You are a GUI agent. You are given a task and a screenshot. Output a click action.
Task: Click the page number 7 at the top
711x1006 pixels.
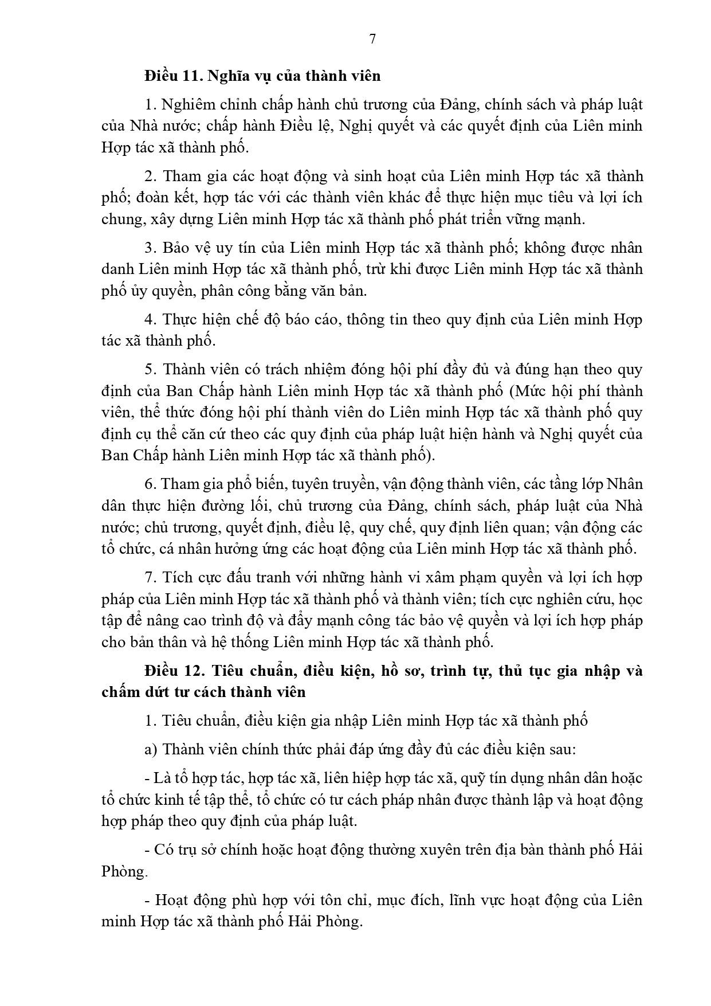[x=372, y=39]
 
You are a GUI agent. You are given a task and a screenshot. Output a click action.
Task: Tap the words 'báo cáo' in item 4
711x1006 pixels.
[x=314, y=319]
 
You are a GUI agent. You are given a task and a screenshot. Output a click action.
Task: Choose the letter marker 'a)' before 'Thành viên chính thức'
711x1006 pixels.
[x=151, y=749]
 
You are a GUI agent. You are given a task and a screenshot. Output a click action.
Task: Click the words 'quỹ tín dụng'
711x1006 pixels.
[x=496, y=778]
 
